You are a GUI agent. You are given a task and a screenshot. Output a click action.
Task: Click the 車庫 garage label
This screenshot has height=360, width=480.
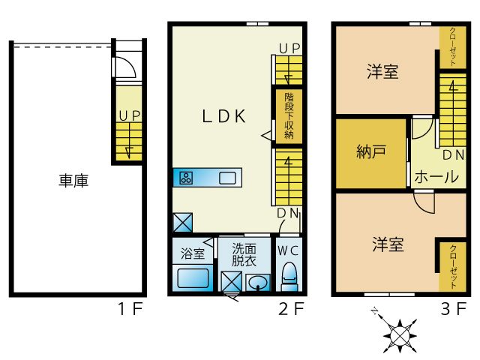[x=73, y=181]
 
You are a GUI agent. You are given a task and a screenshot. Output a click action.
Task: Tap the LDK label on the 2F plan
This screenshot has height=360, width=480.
[x=223, y=115]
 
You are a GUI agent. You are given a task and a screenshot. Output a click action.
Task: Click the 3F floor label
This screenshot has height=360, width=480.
[x=455, y=308]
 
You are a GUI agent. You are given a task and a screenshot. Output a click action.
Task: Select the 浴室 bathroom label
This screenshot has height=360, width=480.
[x=192, y=253]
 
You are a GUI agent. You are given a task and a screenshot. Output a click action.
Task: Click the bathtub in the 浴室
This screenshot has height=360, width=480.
[x=192, y=278]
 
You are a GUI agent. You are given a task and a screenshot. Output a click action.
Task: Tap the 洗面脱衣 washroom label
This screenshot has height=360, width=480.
[x=244, y=255]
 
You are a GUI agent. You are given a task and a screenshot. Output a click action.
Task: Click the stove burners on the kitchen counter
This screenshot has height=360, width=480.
[x=185, y=178]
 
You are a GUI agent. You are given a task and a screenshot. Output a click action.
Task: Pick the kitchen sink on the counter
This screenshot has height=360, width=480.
[x=227, y=178]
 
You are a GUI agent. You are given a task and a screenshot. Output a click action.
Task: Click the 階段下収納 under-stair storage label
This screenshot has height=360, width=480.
[x=289, y=115]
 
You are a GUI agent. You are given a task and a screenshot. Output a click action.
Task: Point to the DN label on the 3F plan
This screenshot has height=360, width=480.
[x=452, y=155]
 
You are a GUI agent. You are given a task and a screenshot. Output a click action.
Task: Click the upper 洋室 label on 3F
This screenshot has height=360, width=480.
[x=382, y=73]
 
